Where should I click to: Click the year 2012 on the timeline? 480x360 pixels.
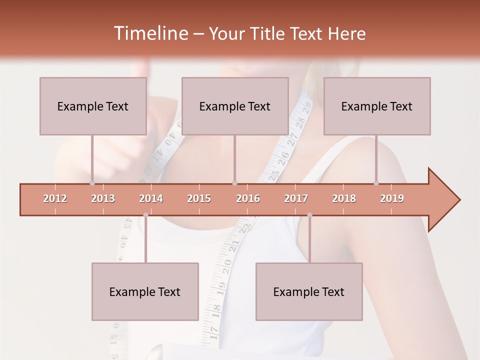[55, 198]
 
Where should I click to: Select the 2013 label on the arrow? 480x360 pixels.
[103, 198]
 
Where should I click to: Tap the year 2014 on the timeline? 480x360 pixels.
[151, 198]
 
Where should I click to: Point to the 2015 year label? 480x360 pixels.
[199, 198]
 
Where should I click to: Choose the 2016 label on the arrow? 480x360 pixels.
[248, 198]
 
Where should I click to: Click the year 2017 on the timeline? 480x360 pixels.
[296, 198]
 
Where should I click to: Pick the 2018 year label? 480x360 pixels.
[344, 198]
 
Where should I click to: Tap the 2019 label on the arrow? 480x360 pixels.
[392, 198]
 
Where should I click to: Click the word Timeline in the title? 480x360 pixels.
[149, 33]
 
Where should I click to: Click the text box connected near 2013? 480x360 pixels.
[93, 106]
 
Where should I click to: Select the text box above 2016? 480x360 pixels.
[235, 106]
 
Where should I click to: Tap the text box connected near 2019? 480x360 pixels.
[377, 106]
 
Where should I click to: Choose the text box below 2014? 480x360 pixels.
[145, 291]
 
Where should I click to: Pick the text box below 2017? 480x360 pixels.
[309, 291]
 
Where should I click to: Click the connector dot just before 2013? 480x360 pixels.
[92, 183]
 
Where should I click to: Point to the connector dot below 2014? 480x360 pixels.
[145, 215]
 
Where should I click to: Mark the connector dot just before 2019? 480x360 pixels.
[376, 183]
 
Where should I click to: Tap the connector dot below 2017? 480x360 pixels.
[309, 215]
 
